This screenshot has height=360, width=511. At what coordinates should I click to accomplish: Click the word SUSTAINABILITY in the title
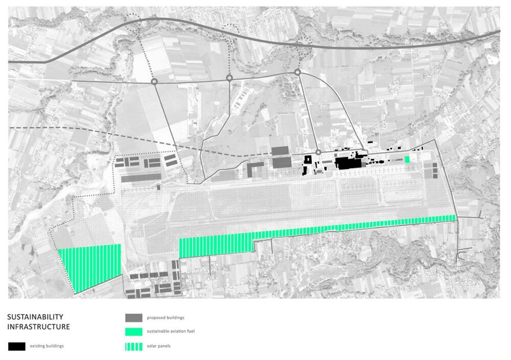coord(35,317)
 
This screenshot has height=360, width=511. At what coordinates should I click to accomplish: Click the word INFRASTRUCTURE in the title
coord(38,327)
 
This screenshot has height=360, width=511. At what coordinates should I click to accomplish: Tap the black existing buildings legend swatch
coord(17,346)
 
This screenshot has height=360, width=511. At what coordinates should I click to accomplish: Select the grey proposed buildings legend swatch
coord(133,318)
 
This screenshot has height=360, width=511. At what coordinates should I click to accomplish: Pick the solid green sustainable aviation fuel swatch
coord(133,331)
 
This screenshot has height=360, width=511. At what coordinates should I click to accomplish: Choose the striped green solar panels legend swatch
coord(133,347)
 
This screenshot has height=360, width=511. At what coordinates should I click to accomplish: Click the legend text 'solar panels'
coord(159,347)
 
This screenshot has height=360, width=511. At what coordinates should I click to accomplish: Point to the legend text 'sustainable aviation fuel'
coord(171,331)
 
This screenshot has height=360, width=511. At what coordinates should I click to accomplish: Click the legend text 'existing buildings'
coord(47,346)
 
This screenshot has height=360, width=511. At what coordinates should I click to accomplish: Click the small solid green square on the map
coord(407,159)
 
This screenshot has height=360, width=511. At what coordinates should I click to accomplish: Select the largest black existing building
coord(348,163)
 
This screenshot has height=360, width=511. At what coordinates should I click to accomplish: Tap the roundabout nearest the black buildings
coord(318,152)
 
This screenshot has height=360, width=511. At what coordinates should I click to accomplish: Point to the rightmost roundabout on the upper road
coord(297,73)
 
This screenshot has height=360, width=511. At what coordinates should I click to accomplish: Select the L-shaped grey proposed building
coord(254,169)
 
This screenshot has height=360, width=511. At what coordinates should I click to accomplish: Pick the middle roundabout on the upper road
coord(229,78)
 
